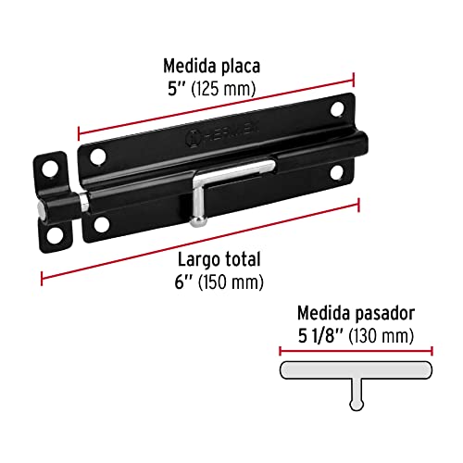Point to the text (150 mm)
pyautogui.click(x=229, y=281)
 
